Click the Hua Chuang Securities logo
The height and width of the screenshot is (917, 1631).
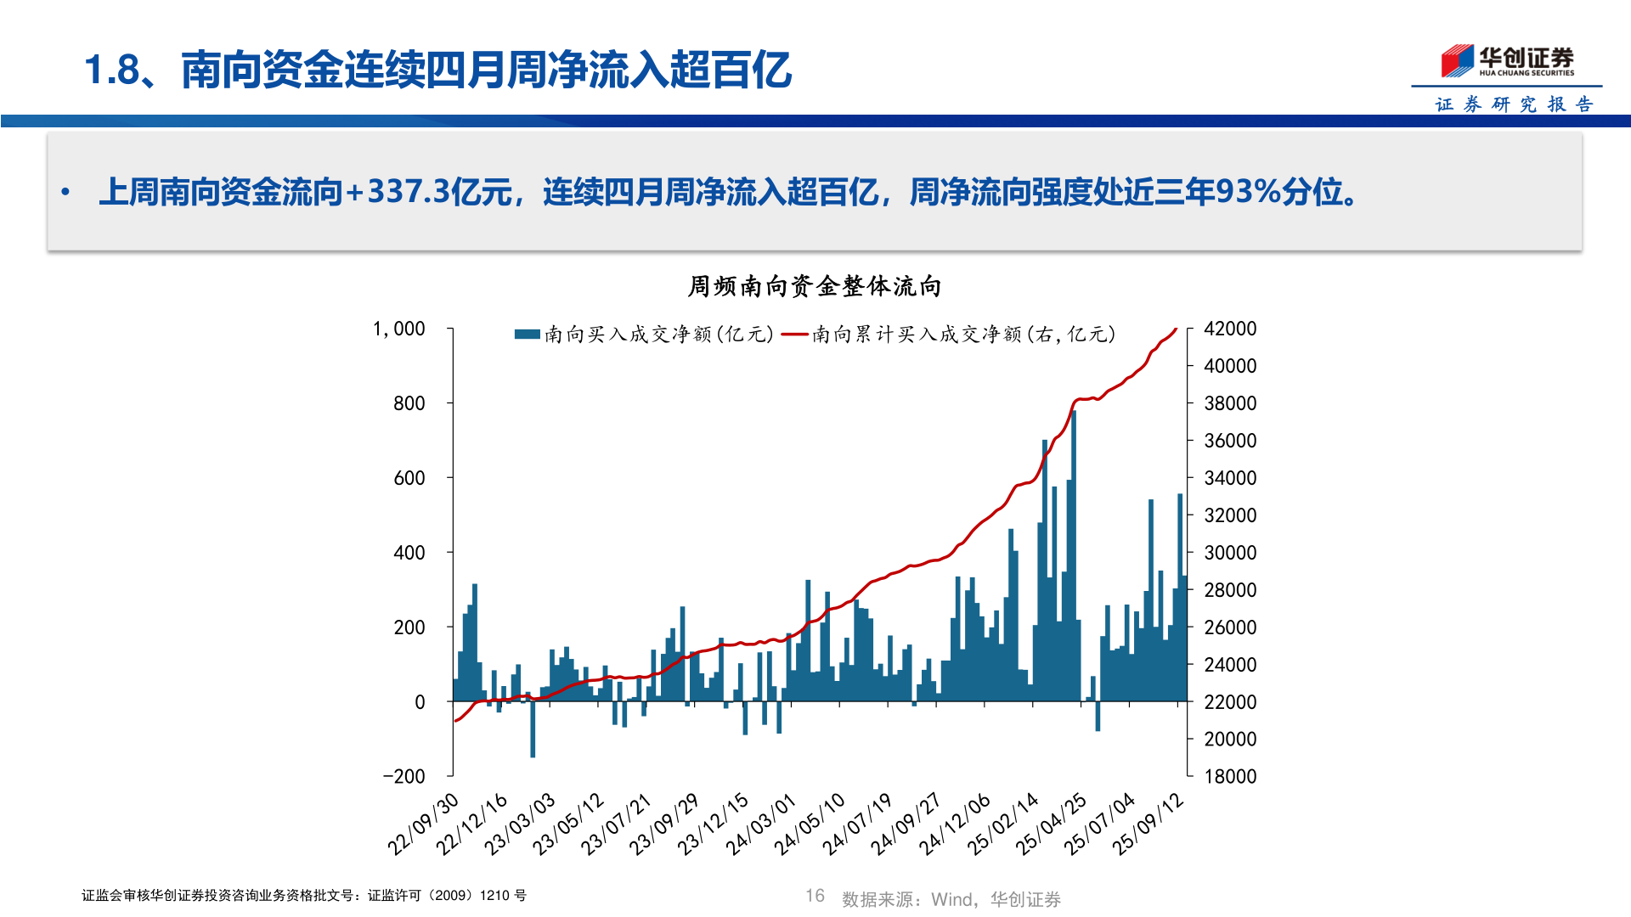1507,60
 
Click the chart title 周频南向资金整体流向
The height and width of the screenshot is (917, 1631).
814,286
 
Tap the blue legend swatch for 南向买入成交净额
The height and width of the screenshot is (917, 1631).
527,335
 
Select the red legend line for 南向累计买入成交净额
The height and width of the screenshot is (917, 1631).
794,335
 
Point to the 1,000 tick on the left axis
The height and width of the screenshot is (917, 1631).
398,329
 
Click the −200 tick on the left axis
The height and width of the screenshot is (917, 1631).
404,776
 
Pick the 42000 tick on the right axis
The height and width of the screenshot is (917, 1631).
1229,329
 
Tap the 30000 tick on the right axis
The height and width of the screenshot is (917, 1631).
1229,553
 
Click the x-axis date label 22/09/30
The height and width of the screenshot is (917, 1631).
423,824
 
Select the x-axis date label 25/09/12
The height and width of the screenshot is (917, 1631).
1148,824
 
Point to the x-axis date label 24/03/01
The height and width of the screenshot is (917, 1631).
761,824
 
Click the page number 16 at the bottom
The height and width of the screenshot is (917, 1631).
815,896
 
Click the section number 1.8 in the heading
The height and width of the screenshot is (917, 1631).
112,70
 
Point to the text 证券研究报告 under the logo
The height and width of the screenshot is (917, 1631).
1514,104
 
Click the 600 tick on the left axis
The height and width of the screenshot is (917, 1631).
409,478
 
